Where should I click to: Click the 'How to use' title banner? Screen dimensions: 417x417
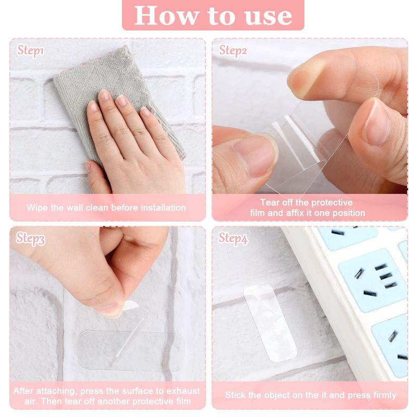[213, 15]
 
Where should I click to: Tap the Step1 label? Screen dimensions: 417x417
[31, 51]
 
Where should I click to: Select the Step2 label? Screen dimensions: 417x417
[233, 51]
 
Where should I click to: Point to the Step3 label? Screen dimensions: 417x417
[31, 238]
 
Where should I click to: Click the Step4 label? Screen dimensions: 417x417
[233, 238]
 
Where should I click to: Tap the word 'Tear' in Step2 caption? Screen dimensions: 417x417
[271, 202]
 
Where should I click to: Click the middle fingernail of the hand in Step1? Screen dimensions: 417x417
[121, 100]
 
